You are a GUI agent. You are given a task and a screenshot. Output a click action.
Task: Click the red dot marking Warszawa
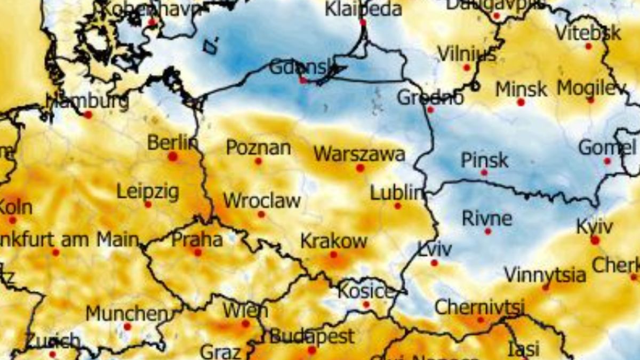coord(360,168)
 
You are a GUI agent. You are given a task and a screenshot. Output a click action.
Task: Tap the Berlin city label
coord(172,143)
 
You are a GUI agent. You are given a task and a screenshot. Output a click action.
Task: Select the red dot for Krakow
coord(333,255)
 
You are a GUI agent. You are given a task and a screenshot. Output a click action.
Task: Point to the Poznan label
coord(259,147)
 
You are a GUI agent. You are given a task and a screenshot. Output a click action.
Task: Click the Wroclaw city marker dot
coord(261,214)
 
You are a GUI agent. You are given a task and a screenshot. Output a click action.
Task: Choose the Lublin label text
coord(396,193)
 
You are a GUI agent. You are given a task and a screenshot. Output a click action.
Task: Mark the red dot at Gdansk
coord(303,81)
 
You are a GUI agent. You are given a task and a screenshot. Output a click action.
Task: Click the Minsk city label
coord(521,89)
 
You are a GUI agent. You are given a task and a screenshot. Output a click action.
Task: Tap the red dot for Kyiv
coord(595,241)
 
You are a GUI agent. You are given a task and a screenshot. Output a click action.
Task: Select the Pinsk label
coord(484,160)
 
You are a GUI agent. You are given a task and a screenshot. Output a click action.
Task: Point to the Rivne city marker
coord(487,231)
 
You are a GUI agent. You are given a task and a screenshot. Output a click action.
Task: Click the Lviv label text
coord(435,249)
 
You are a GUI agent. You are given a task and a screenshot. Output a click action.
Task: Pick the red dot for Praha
coord(198,252)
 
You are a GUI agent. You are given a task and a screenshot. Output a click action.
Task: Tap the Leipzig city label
coord(148,191)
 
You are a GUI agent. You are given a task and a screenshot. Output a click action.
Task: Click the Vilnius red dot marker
coord(467,68)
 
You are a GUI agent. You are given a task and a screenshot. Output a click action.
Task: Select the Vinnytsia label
coord(545,275)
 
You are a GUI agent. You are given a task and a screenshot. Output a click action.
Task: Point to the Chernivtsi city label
coord(479,307)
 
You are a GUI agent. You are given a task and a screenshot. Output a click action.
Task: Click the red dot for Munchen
coord(127,326)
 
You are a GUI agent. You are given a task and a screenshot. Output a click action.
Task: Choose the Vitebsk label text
coord(588,33)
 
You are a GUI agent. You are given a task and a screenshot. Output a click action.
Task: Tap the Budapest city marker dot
coord(312,350)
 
